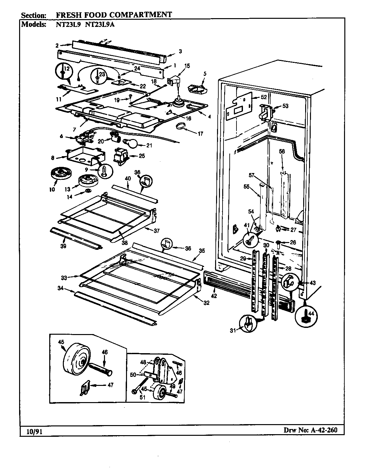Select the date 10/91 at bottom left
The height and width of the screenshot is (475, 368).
(x=31, y=431)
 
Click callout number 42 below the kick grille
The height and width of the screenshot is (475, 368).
(x=214, y=295)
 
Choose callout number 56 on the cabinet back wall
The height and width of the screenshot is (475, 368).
(x=282, y=151)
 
